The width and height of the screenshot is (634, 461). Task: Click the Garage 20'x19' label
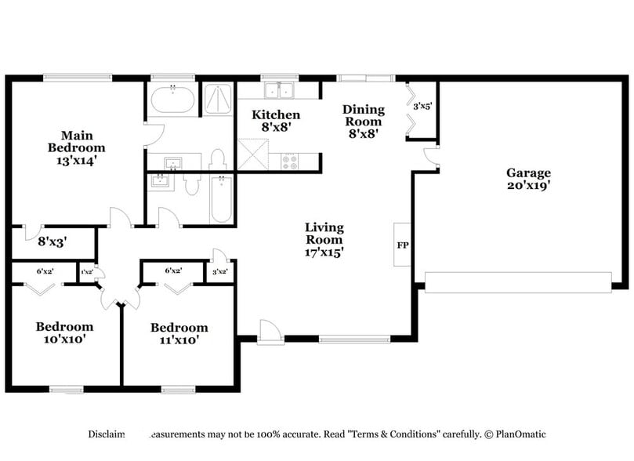[x=527, y=180]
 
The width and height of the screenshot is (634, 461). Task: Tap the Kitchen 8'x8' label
[x=275, y=121]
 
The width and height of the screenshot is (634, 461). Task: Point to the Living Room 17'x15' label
[x=324, y=240]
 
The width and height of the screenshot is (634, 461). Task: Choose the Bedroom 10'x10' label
[x=64, y=333]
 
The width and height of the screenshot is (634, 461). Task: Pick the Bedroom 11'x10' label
[x=179, y=334]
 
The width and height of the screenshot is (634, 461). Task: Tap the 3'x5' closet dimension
[x=422, y=106]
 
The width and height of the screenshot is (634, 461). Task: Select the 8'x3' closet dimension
[x=53, y=242]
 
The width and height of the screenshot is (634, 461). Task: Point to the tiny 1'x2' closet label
[x=86, y=271]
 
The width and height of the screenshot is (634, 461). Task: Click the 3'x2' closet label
[x=220, y=271]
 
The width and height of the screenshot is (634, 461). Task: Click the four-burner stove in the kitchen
[x=290, y=162]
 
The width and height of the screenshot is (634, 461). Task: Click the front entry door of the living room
[x=268, y=332]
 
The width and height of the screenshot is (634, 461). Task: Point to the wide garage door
[x=517, y=282]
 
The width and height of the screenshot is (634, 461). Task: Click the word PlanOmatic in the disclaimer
[x=520, y=434]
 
